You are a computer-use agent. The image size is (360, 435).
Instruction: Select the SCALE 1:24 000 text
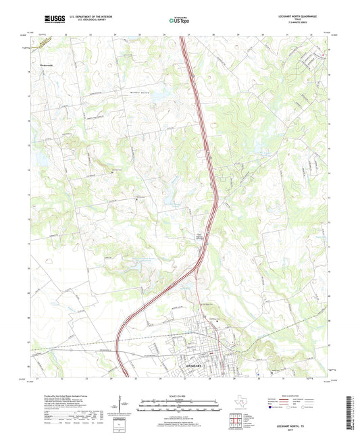[x=179, y=395]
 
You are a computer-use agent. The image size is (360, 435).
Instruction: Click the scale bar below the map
[x=179, y=403]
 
